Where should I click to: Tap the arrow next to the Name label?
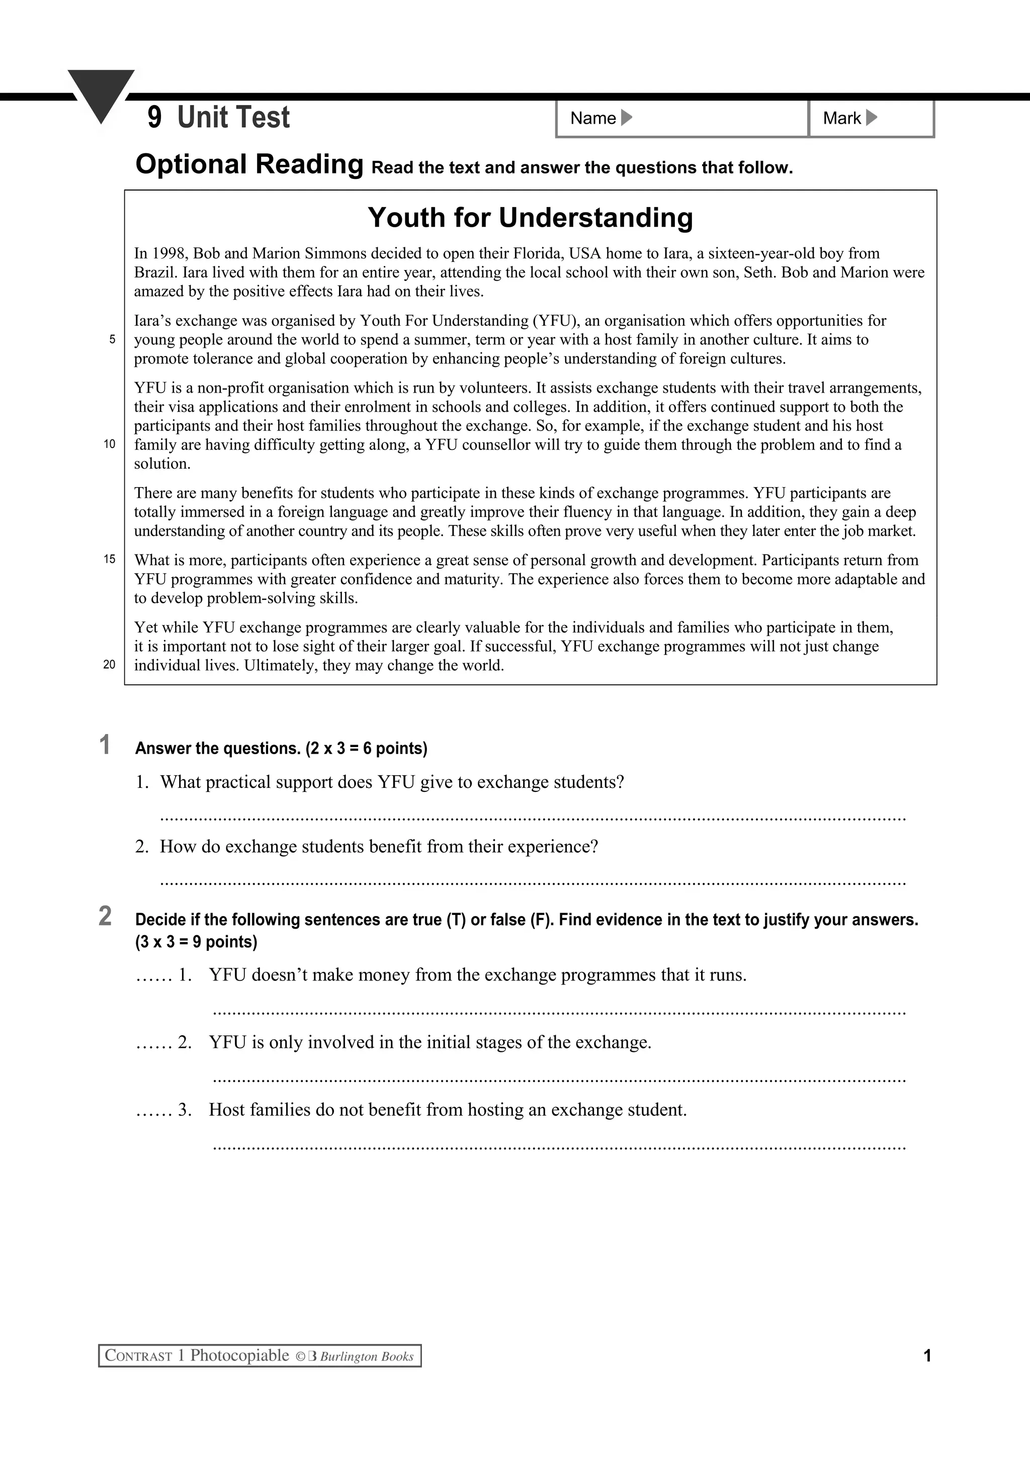626,118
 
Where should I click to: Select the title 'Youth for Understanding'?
530,218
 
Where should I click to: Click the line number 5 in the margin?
112,339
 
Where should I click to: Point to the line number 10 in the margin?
110,444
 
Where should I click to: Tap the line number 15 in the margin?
110,560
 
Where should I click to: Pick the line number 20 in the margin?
110,665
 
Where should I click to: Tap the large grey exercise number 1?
105,745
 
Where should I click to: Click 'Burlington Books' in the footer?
367,1357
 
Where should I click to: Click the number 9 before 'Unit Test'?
154,118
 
